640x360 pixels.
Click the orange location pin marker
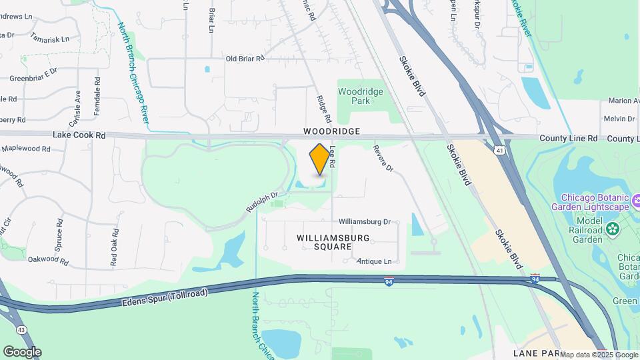tap(320, 159)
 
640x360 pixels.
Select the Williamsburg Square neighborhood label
tap(323, 241)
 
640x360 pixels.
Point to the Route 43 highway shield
tap(22, 330)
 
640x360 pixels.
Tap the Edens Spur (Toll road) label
tap(165, 298)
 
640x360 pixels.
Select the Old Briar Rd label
tap(245, 59)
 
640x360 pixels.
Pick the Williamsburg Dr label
tap(364, 221)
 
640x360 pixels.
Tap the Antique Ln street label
tap(374, 261)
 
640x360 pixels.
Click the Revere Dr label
tap(383, 158)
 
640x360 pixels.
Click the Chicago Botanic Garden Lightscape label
tap(595, 202)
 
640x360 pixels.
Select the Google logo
tap(22, 352)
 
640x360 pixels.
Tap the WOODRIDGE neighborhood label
tap(331, 132)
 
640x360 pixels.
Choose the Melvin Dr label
tap(619, 119)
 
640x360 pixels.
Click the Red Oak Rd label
tap(115, 247)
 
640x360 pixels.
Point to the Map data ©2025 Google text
tap(599, 355)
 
